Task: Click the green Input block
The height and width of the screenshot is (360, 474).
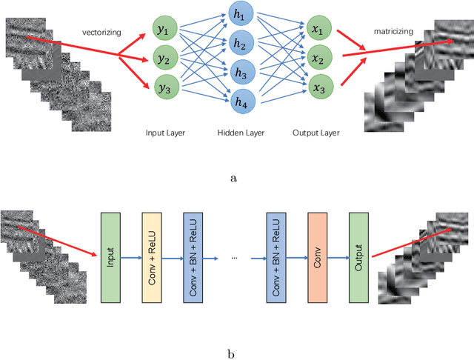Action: (110, 258)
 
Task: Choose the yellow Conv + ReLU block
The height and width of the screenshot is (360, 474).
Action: (151, 258)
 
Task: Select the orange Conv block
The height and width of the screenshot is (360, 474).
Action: (316, 258)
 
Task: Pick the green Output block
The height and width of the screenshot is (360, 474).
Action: (358, 258)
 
